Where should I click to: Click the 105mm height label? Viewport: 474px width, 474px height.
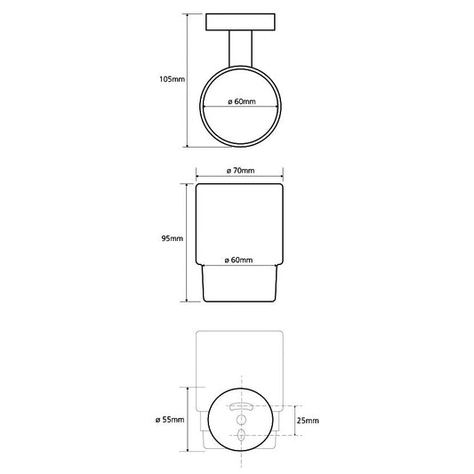(x=172, y=79)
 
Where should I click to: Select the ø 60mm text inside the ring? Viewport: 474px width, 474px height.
(x=242, y=101)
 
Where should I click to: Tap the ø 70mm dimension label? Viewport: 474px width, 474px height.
(x=241, y=171)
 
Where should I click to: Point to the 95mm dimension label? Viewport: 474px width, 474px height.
(x=173, y=238)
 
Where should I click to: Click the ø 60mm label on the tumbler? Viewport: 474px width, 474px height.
(x=239, y=260)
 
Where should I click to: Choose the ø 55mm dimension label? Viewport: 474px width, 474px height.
(x=170, y=420)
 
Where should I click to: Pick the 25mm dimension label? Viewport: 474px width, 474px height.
(x=308, y=421)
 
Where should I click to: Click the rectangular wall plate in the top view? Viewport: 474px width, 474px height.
(x=240, y=22)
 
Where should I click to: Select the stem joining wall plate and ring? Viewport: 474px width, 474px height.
(x=240, y=48)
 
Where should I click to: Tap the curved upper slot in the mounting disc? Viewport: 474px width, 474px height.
(x=241, y=406)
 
